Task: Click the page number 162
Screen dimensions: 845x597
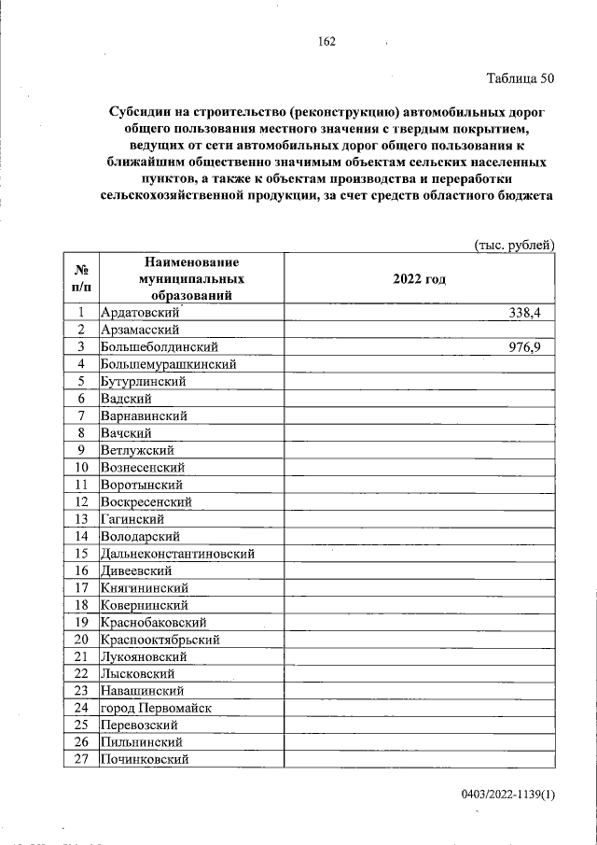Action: coord(326,41)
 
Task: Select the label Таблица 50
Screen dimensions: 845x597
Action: coord(521,78)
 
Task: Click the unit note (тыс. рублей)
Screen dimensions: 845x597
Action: coord(514,244)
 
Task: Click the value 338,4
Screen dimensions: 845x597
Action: coord(525,313)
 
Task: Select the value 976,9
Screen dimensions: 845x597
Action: coord(525,347)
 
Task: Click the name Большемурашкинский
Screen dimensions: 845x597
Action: coord(168,364)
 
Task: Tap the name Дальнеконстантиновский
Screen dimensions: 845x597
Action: coord(177,554)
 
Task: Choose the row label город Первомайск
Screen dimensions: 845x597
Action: coord(156,708)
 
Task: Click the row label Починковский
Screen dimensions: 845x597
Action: coord(145,760)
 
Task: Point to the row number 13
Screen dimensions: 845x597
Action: coord(81,519)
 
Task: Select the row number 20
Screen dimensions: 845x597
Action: coord(81,640)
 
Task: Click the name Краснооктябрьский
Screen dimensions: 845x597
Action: coord(160,640)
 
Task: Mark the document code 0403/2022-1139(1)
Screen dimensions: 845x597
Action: coord(507,795)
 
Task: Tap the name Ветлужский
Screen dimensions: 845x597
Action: coord(137,450)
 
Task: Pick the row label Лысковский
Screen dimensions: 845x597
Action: coord(137,674)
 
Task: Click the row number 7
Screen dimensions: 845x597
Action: coord(81,415)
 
